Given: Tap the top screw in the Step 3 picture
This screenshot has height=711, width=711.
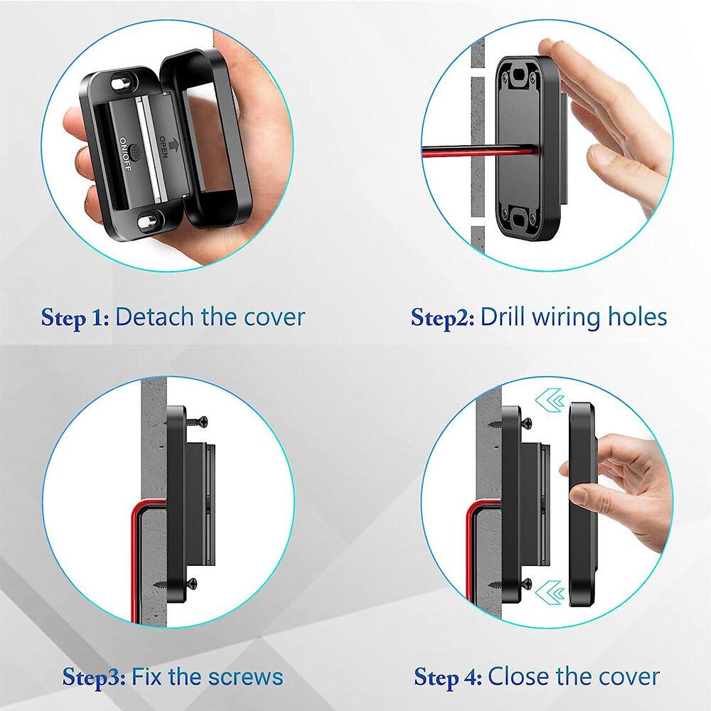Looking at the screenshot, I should (x=197, y=422).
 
